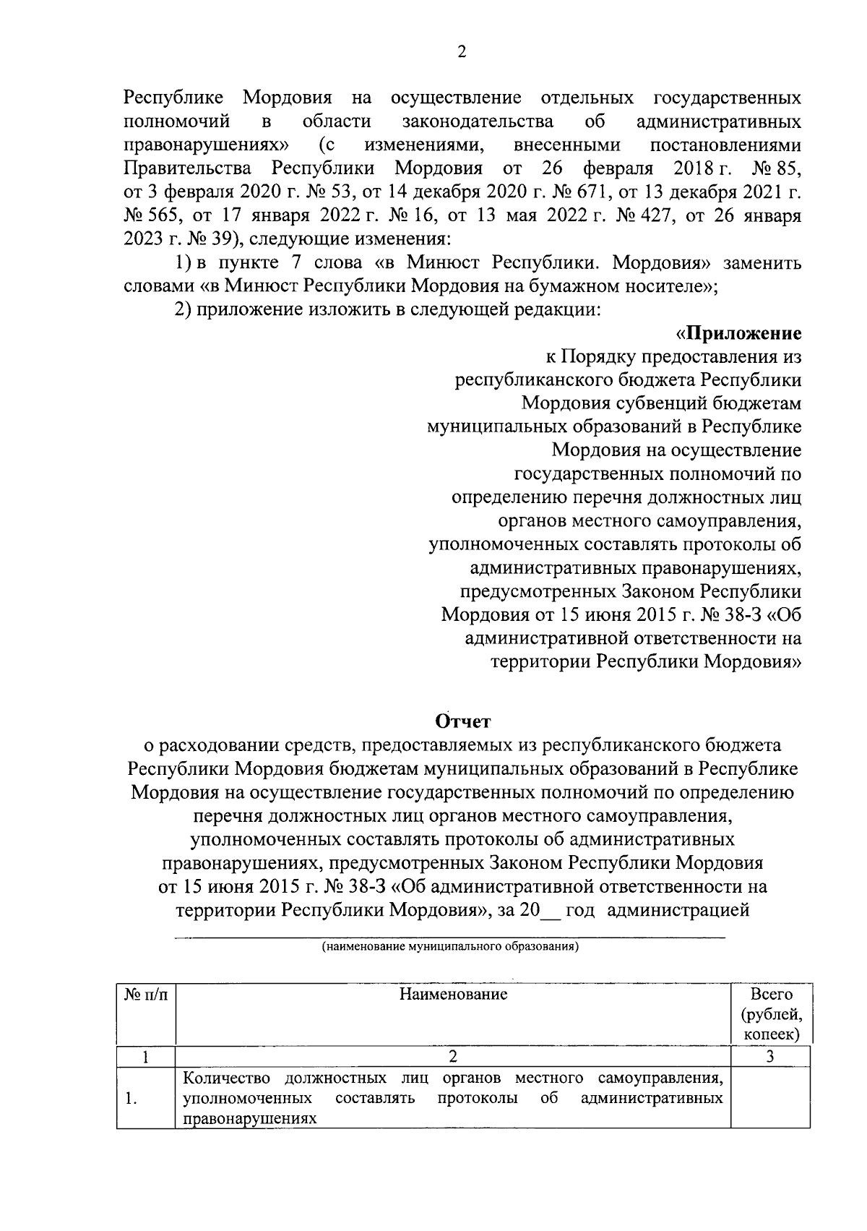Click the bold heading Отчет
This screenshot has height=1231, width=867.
(463, 721)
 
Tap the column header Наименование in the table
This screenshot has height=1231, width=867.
(453, 995)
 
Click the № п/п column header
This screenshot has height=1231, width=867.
(145, 995)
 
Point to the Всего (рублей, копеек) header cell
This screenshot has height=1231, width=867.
(771, 1014)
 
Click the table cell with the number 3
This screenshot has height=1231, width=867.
(770, 1057)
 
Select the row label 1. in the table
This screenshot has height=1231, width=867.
(130, 1099)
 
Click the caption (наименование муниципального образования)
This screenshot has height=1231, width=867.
(451, 946)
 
